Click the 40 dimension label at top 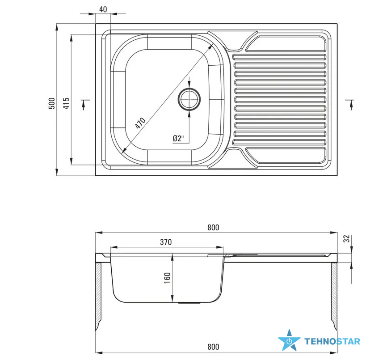[103, 9]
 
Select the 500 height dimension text [51, 103]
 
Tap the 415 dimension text [67, 103]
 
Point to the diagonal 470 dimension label [140, 123]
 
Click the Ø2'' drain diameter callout [178, 138]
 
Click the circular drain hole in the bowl [189, 99]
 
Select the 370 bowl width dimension [166, 242]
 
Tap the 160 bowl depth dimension [168, 278]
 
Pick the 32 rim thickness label [347, 238]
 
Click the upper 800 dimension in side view [213, 227]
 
